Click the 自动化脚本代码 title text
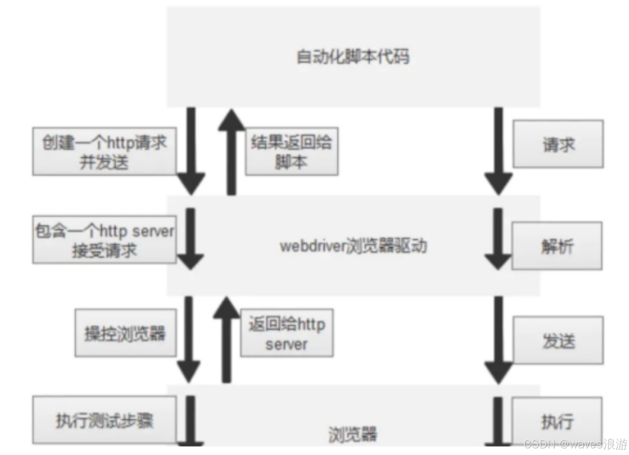click(353, 57)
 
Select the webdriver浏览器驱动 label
click(353, 246)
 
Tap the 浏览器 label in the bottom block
click(353, 434)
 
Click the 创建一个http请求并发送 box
click(104, 151)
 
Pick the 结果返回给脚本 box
click(291, 151)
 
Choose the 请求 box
click(558, 144)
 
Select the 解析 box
click(557, 246)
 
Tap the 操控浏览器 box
click(125, 333)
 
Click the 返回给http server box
click(287, 333)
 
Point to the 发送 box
click(558, 340)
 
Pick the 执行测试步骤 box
click(104, 420)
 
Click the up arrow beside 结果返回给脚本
click(231, 151)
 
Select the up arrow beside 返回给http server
click(227, 339)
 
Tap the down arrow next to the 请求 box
click(498, 151)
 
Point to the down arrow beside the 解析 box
click(498, 239)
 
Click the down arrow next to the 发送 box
click(498, 339)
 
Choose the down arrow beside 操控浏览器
click(189, 339)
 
